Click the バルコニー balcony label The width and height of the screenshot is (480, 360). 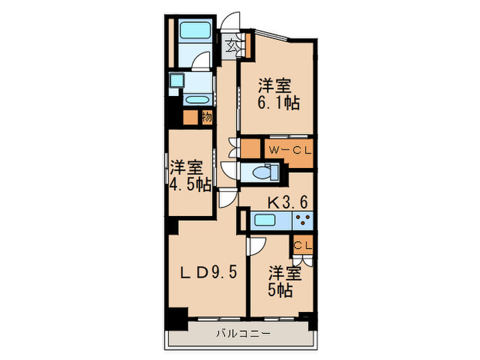[x=243, y=334]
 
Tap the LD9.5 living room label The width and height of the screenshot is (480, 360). [x=208, y=272]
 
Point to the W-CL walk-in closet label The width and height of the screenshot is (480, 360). [x=286, y=149]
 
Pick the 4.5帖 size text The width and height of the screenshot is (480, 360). [x=191, y=185]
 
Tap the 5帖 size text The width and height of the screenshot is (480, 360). [x=281, y=290]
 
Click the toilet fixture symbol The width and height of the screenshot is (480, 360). [x=260, y=172]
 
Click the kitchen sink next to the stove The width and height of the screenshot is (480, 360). [x=265, y=221]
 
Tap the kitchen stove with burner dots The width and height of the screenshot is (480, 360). [x=302, y=221]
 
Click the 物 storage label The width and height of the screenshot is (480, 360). [x=206, y=117]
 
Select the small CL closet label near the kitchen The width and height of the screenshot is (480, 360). [x=303, y=244]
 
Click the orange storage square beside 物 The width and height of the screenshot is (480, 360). [x=191, y=117]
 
